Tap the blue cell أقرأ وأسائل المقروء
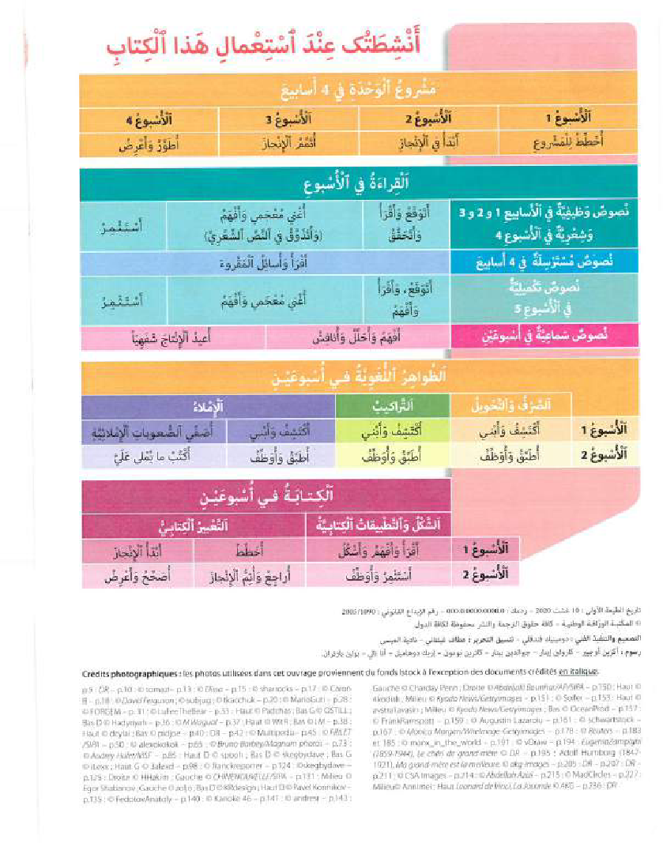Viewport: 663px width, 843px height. (266, 261)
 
